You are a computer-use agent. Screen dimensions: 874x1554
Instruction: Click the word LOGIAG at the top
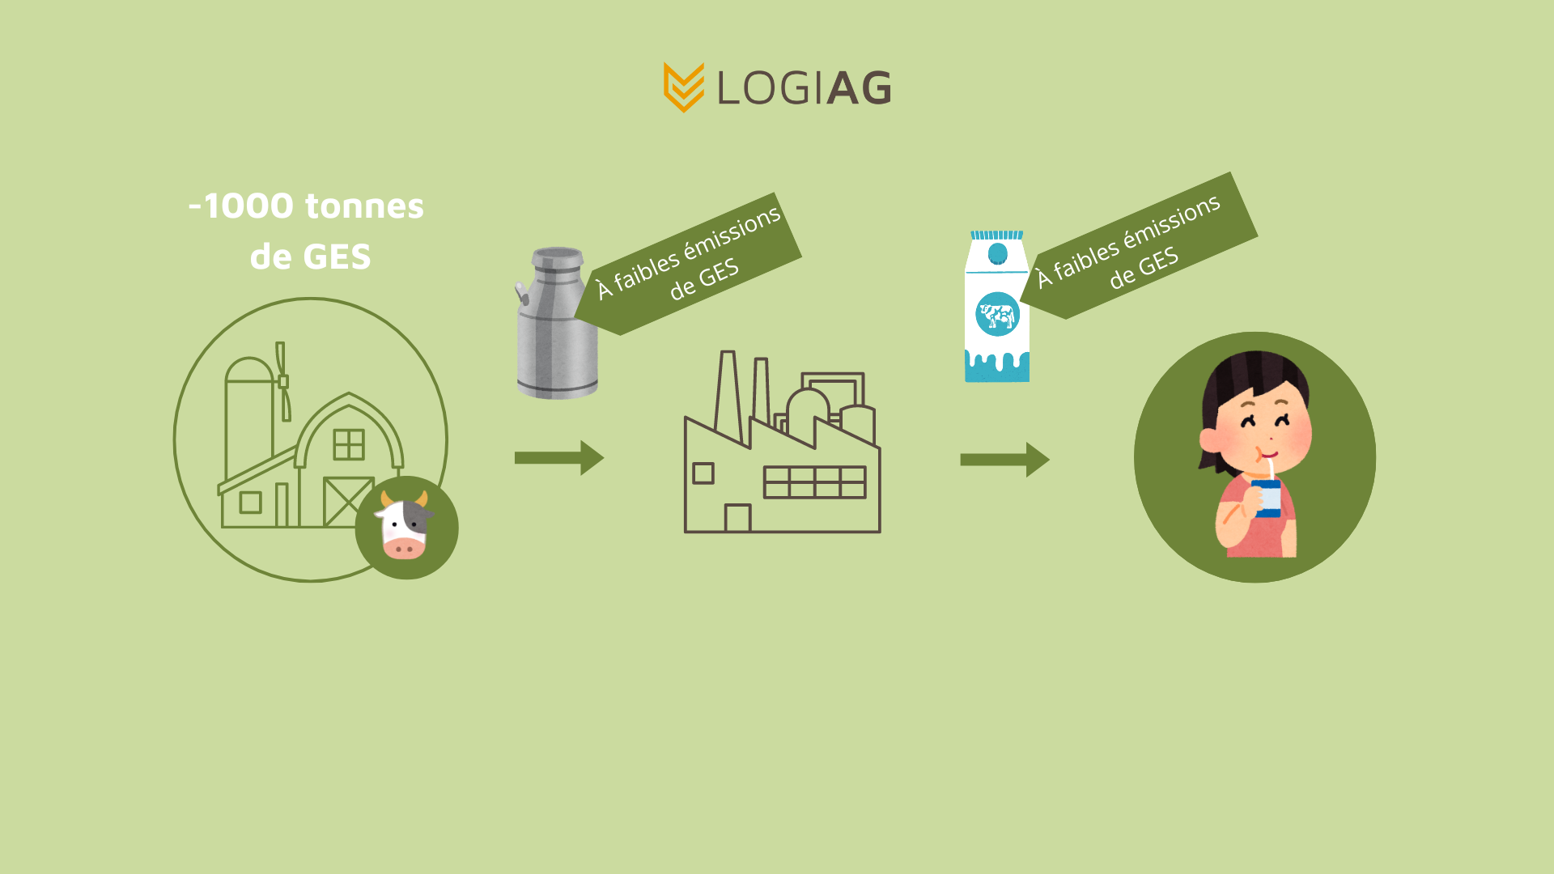pyautogui.click(x=804, y=87)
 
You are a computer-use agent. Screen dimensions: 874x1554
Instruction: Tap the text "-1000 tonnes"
pyautogui.click(x=306, y=206)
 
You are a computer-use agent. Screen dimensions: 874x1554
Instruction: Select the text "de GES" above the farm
pyautogui.click(x=311, y=257)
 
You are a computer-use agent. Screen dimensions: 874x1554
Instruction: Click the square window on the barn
pyautogui.click(x=349, y=444)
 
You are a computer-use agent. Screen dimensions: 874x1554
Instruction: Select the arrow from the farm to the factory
pyautogui.click(x=558, y=458)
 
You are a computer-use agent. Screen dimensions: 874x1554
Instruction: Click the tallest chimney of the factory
pyautogui.click(x=728, y=397)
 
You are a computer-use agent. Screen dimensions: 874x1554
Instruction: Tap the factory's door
pyautogui.click(x=737, y=518)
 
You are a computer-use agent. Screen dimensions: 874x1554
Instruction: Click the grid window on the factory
pyautogui.click(x=814, y=482)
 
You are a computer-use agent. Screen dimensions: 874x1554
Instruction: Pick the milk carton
pyautogui.click(x=997, y=308)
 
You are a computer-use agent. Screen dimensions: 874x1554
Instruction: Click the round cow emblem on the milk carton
pyautogui.click(x=997, y=314)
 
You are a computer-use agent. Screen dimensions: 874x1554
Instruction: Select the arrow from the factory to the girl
pyautogui.click(x=1004, y=460)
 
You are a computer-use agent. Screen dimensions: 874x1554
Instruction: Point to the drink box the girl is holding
pyautogui.click(x=1267, y=498)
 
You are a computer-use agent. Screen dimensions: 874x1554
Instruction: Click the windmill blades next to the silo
pyautogui.click(x=282, y=380)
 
